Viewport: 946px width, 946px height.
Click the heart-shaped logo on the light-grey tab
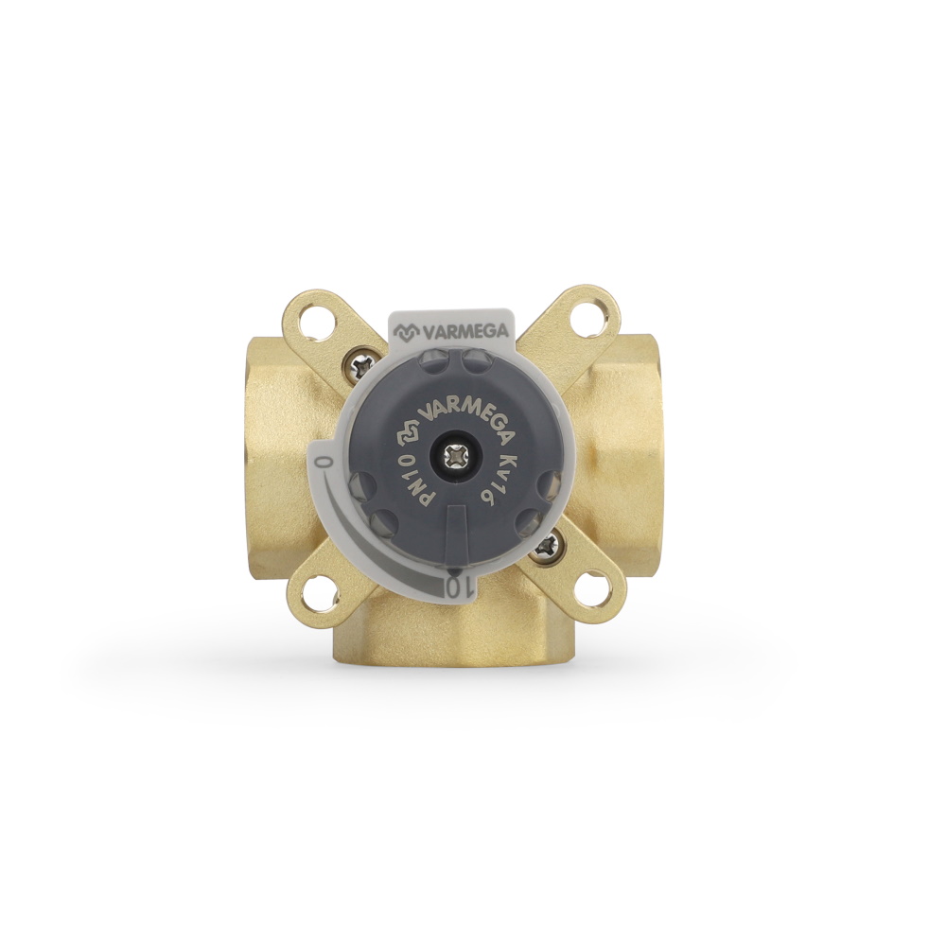pyautogui.click(x=408, y=331)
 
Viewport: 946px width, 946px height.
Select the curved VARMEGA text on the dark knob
pyautogui.click(x=461, y=402)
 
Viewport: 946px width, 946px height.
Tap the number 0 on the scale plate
pyautogui.click(x=324, y=464)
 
